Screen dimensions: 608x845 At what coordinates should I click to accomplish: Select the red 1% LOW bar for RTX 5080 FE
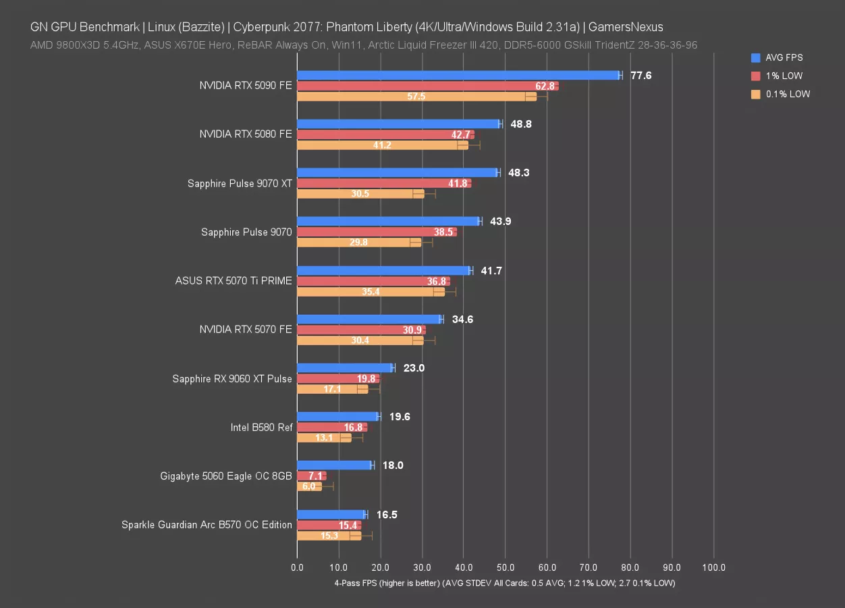[x=385, y=134]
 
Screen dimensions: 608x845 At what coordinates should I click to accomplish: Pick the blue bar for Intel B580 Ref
[x=337, y=416]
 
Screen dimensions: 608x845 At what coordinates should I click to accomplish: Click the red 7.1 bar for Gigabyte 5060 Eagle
[x=311, y=476]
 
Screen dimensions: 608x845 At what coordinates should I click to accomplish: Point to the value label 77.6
[x=641, y=76]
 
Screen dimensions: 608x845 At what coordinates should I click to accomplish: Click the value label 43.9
[x=501, y=222]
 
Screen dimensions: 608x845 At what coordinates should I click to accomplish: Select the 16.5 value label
[x=387, y=515]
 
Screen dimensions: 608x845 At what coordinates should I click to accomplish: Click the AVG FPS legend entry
[x=784, y=57]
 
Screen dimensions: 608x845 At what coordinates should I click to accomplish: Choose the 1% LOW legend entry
[x=784, y=76]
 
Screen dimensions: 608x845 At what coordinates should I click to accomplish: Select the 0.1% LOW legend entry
[x=788, y=94]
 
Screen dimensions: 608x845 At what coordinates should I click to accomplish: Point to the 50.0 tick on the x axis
[x=506, y=568]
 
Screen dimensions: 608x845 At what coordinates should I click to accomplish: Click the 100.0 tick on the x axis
[x=714, y=568]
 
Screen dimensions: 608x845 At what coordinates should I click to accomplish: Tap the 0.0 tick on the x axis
[x=297, y=568]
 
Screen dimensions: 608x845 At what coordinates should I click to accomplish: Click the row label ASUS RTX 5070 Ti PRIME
[x=234, y=281]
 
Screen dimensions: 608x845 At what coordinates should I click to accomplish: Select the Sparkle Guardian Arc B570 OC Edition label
[x=207, y=525]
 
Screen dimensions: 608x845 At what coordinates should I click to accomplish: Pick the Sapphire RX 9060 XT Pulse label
[x=232, y=379]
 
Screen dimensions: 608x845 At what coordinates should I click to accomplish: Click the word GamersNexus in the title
[x=626, y=28]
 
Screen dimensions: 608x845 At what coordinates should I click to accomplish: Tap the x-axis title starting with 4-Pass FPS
[x=505, y=582]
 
